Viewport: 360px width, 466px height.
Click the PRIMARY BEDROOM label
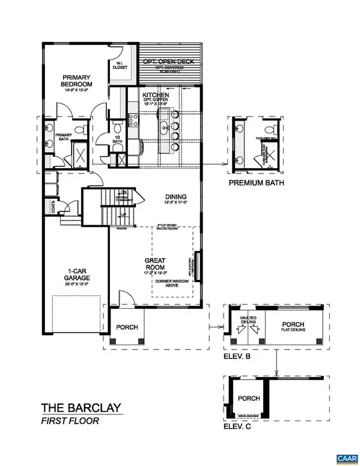76,80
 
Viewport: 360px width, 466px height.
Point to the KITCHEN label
156,95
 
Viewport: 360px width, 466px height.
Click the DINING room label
176,196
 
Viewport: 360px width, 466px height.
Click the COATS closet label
54,206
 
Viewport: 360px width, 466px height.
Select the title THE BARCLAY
81,408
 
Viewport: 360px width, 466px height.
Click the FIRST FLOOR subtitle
68,421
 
